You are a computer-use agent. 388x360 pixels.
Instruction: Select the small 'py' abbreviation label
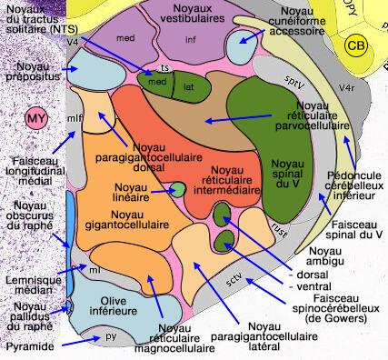tap(111, 336)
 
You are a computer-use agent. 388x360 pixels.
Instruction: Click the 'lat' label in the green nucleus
tap(189, 89)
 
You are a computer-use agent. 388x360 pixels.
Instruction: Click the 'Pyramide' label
tap(29, 346)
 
